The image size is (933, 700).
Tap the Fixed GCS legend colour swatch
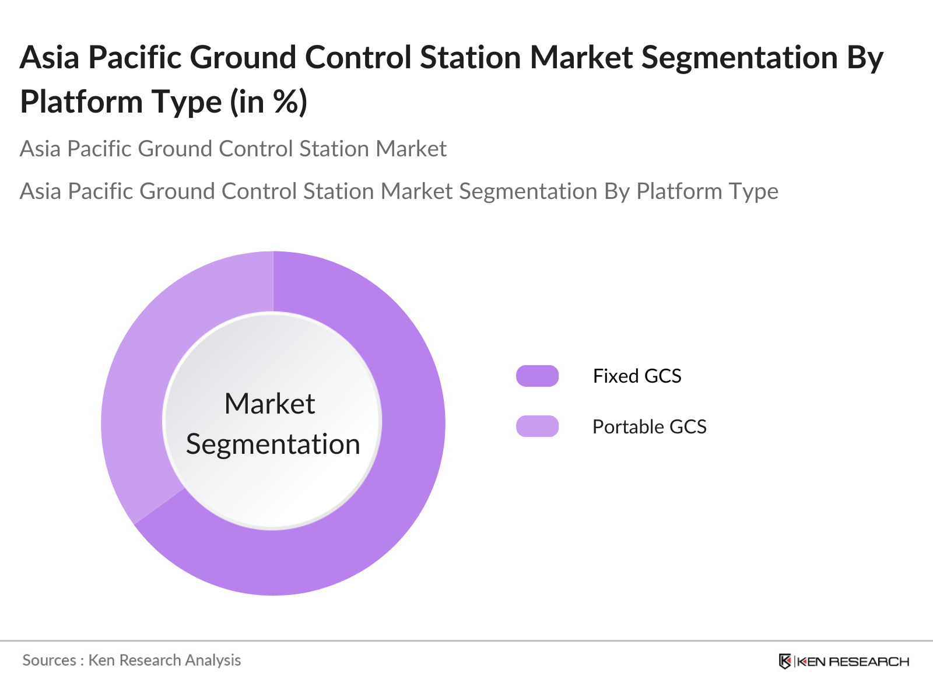pos(537,376)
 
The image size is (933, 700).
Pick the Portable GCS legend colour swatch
pos(537,426)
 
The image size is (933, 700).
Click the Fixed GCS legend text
pos(637,376)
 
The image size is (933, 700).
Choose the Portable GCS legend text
pos(650,427)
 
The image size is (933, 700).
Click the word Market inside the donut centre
pos(270,403)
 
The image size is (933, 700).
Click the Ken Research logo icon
pos(785,661)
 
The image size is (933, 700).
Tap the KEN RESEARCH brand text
pos(853,661)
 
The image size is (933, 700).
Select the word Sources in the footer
pos(50,660)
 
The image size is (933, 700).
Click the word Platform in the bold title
pos(81,102)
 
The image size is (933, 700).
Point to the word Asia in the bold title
pos(50,57)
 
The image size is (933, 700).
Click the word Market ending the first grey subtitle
pos(411,149)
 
